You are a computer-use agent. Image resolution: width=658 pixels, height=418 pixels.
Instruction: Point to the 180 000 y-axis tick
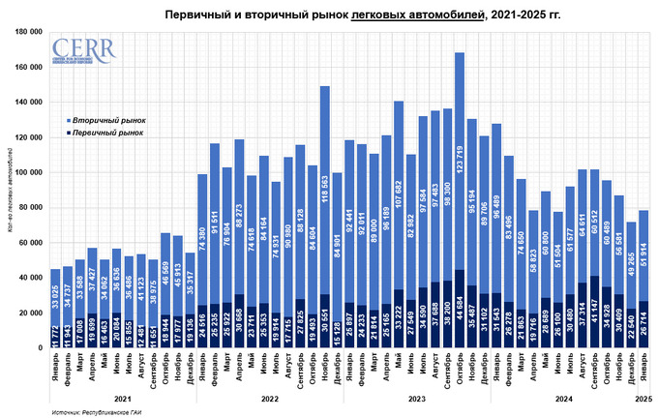click(38, 32)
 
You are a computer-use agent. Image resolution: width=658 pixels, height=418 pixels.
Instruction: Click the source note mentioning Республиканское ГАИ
click(94, 412)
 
